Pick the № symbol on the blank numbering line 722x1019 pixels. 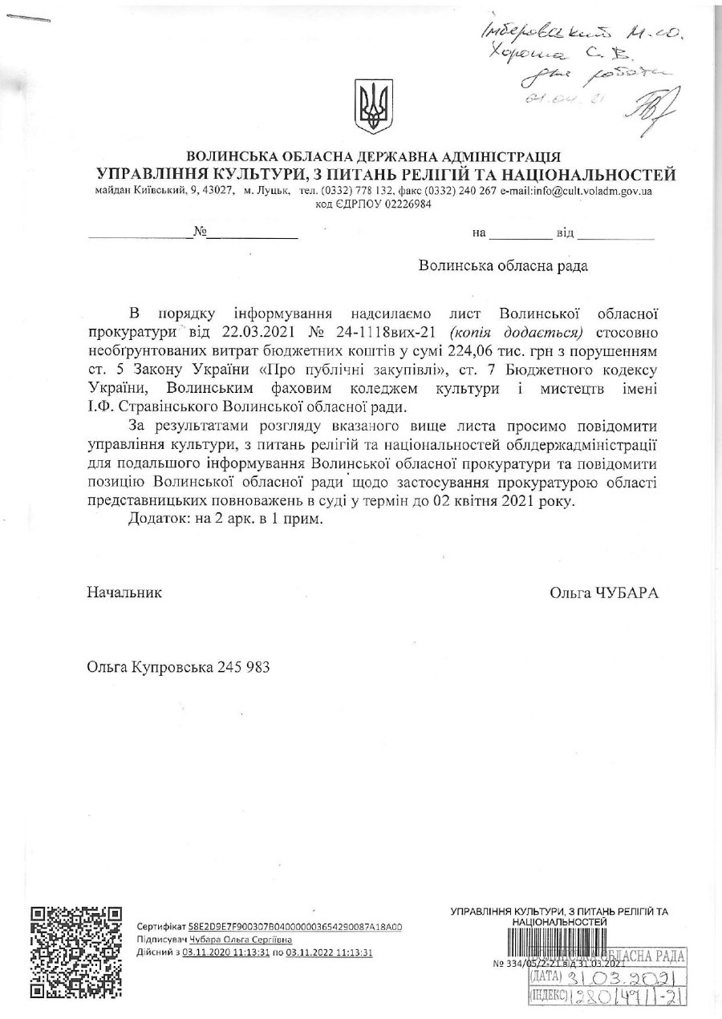tap(201, 233)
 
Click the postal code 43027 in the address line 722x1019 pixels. tap(219, 192)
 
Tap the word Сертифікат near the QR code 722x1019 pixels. tap(161, 926)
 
